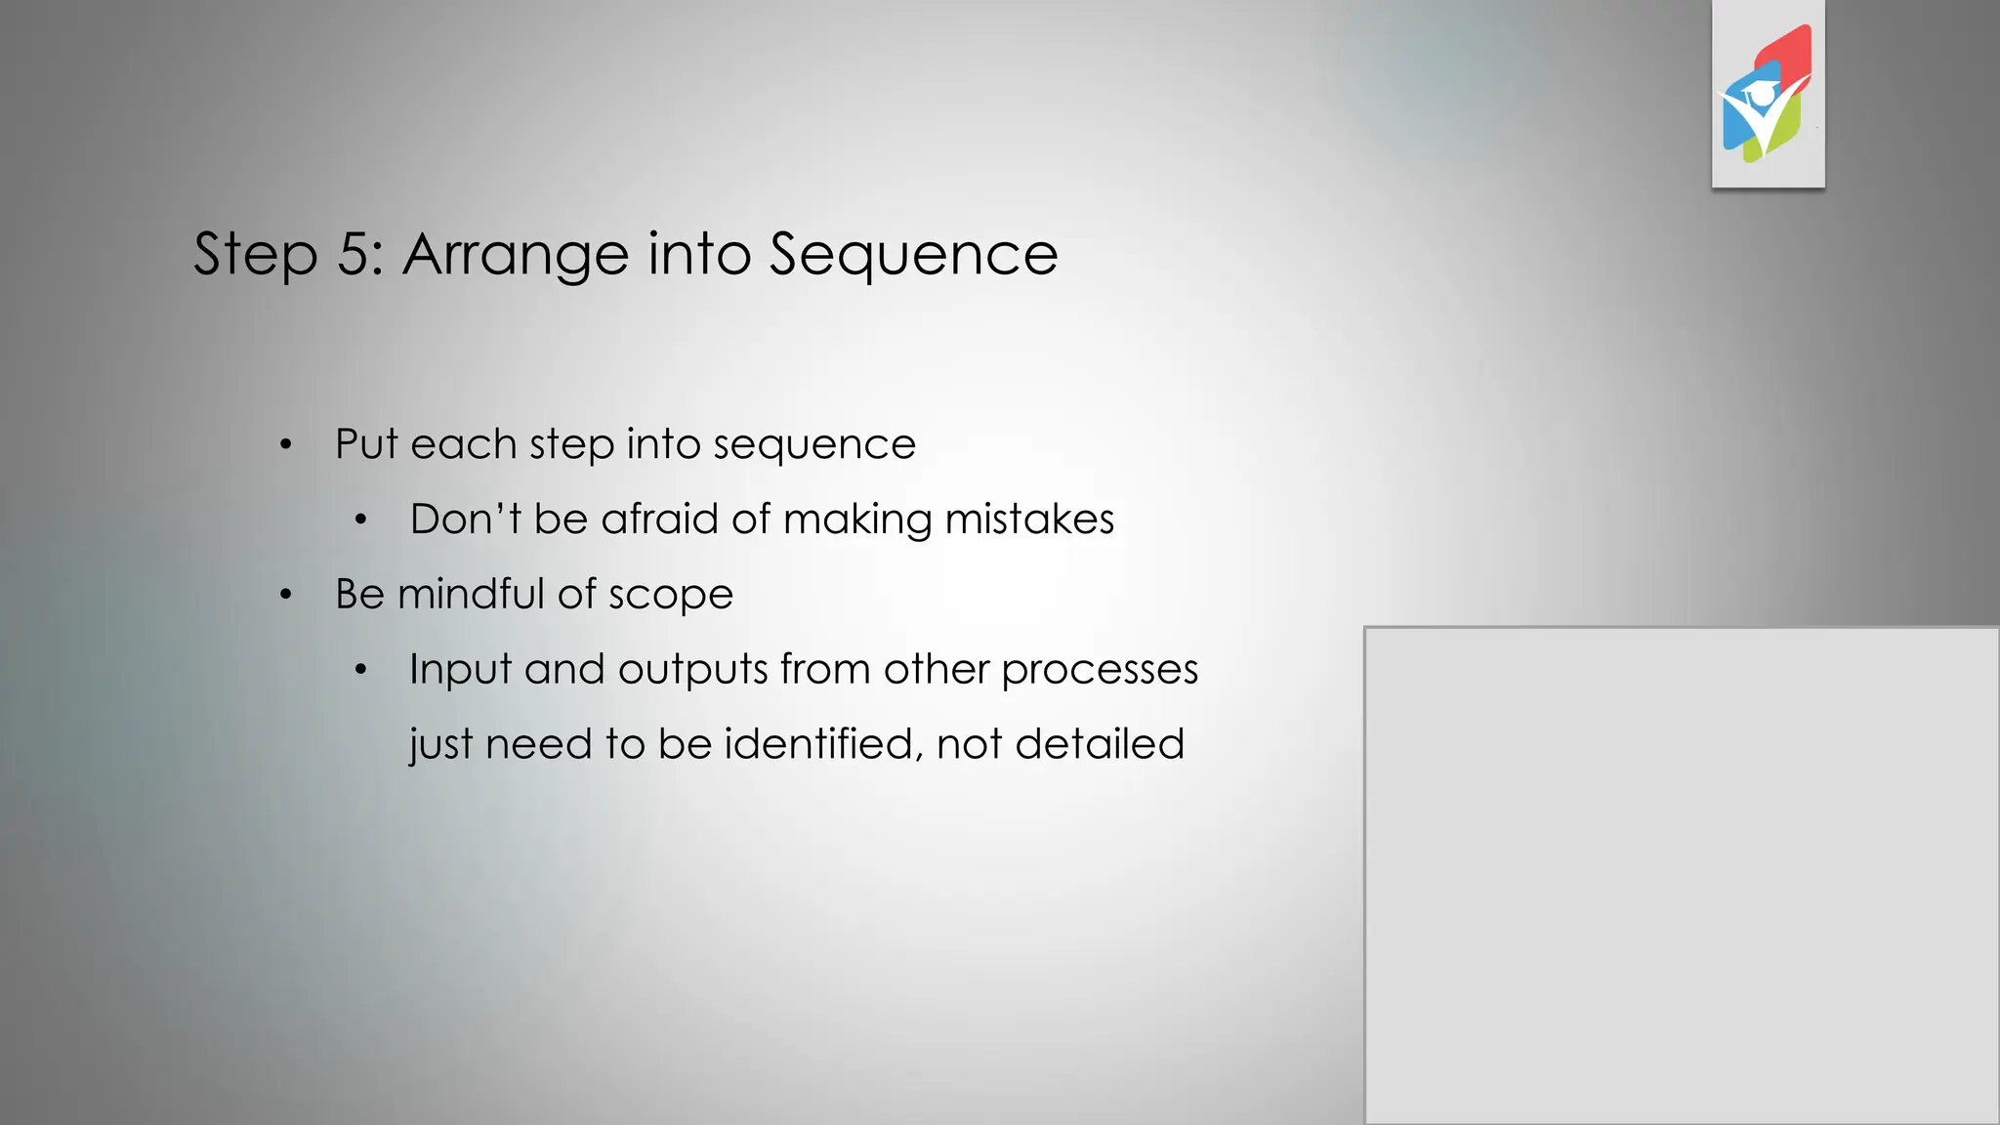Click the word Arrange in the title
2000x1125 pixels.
(x=517, y=255)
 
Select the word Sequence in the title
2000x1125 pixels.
(x=913, y=255)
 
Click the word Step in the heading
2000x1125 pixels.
(x=256, y=255)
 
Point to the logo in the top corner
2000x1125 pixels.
(x=1768, y=95)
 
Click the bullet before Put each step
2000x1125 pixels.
(x=285, y=445)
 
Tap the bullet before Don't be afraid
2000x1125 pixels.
(x=360, y=521)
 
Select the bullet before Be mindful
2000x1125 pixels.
(x=285, y=595)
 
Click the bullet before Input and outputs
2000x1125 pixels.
(x=360, y=670)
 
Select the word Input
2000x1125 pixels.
(x=460, y=670)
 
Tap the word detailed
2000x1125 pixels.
(x=1100, y=744)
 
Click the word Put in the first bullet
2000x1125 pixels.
(x=367, y=444)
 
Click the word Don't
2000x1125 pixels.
(x=466, y=520)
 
